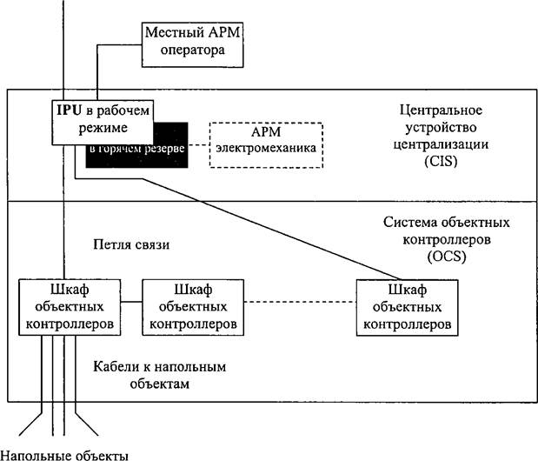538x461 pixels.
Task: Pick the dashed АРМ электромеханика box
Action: coord(266,144)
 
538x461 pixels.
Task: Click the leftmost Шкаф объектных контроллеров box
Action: coord(70,306)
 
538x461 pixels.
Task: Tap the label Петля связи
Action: coord(130,245)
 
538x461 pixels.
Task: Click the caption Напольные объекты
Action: coord(64,453)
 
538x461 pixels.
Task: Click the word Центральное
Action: coord(440,111)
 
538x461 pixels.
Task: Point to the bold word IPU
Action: coord(71,110)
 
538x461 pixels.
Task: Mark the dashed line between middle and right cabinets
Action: coord(299,302)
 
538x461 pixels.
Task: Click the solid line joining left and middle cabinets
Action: coord(130,302)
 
